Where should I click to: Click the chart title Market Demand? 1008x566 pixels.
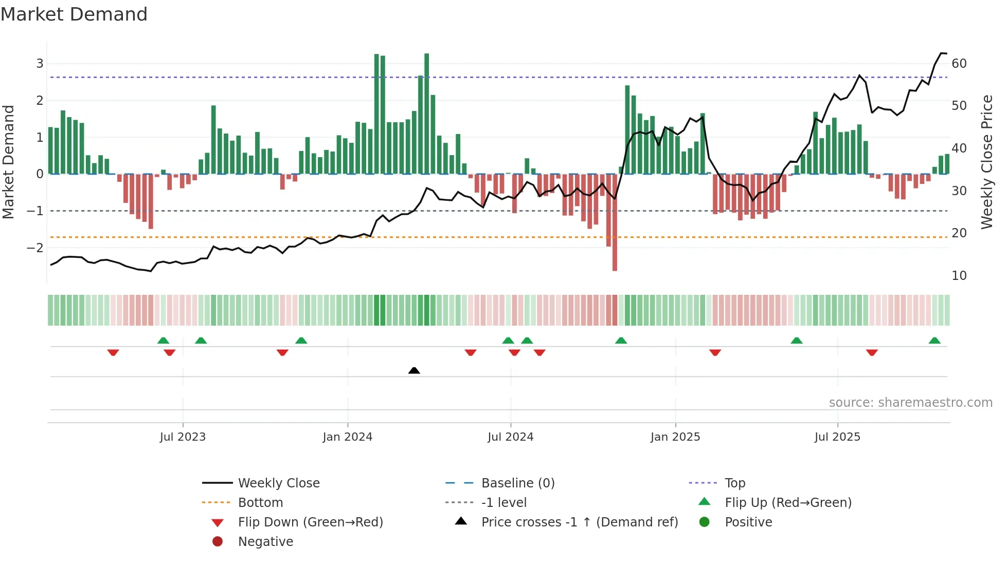pos(74,14)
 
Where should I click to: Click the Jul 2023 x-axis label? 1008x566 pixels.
pos(183,437)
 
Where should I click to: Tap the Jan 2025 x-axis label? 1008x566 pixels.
pos(675,437)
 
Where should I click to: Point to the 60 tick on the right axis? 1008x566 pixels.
pos(959,64)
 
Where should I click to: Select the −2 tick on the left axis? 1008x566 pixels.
pos(35,248)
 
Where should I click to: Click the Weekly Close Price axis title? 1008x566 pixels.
pos(986,162)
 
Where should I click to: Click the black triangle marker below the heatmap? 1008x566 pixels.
pos(414,370)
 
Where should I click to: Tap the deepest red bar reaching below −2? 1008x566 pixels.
pos(615,257)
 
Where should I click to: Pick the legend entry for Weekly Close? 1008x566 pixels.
pos(279,483)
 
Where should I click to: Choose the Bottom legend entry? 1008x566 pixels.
pos(260,503)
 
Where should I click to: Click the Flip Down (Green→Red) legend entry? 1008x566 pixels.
pos(310,522)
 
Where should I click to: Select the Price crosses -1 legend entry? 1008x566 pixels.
pos(580,522)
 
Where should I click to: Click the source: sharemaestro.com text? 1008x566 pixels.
pos(910,403)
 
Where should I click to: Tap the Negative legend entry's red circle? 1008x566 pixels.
pos(218,542)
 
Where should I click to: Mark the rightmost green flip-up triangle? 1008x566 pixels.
pos(934,341)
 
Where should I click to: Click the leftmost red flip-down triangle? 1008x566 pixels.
pos(113,352)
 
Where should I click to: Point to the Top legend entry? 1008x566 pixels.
pos(735,483)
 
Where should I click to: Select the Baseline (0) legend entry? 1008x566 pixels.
pos(517,483)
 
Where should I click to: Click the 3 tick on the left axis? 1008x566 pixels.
pos(40,64)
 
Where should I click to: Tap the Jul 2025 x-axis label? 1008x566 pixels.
pos(837,437)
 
